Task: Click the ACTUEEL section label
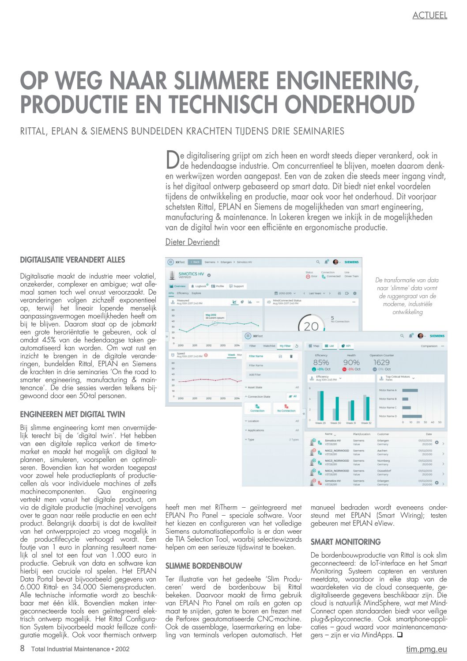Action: click(429, 15)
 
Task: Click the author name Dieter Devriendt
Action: click(192, 242)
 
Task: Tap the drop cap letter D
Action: click(172, 160)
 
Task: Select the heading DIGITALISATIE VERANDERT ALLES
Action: click(72, 260)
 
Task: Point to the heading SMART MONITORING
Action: click(345, 542)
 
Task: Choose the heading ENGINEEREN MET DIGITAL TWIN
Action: click(72, 414)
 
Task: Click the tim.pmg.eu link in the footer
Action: click(426, 649)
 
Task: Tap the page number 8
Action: click(23, 649)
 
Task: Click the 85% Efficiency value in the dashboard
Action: click(321, 362)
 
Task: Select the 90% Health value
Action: click(351, 362)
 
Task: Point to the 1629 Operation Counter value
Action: click(381, 362)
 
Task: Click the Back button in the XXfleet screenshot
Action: click(195, 262)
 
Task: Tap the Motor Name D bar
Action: click(412, 416)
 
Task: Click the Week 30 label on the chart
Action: click(335, 423)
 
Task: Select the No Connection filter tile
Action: click(286, 408)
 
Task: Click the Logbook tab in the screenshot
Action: click(200, 286)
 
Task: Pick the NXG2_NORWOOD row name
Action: click(337, 451)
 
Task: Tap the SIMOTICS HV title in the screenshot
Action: click(191, 274)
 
